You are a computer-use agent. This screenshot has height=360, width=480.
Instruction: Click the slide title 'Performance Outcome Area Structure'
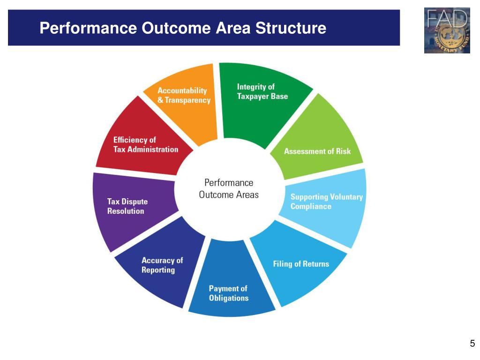tap(182, 29)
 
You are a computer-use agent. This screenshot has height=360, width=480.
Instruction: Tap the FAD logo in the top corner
tap(447, 30)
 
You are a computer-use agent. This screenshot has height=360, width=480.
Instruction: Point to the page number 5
tap(472, 343)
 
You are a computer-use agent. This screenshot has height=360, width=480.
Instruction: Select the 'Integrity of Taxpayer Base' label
tap(262, 91)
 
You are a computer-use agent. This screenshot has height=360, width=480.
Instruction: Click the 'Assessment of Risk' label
tap(317, 151)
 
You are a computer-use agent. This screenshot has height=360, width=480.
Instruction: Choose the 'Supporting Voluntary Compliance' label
tap(326, 202)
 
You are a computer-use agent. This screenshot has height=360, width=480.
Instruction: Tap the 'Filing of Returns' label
tap(301, 264)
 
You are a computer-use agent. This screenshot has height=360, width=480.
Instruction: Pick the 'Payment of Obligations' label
tap(228, 293)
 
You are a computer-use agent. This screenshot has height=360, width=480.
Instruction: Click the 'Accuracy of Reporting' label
tap(162, 265)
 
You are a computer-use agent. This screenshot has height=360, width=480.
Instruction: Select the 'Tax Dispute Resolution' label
tap(127, 206)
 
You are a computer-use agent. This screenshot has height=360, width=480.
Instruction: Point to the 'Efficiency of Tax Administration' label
tap(145, 144)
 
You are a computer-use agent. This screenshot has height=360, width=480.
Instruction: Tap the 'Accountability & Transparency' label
tap(184, 95)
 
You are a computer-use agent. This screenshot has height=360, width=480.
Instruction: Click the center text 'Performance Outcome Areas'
tap(229, 188)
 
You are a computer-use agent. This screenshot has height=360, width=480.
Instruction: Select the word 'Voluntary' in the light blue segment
tap(346, 197)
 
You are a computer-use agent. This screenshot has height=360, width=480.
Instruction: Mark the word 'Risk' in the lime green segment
tap(343, 151)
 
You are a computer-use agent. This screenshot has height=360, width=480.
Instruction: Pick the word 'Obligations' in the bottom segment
tap(228, 298)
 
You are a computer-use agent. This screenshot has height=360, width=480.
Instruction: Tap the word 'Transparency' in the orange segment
tap(187, 100)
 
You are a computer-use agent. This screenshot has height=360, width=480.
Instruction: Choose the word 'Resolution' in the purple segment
tap(126, 211)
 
